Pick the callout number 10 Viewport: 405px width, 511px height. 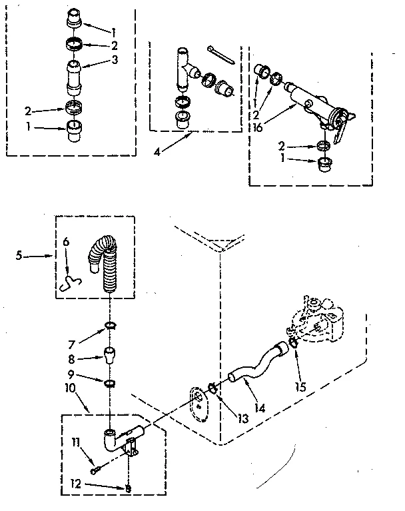click(x=69, y=387)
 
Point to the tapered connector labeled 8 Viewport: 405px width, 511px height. click(x=109, y=352)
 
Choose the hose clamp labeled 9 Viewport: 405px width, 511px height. click(x=109, y=383)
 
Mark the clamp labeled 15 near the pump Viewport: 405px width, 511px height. click(x=292, y=346)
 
